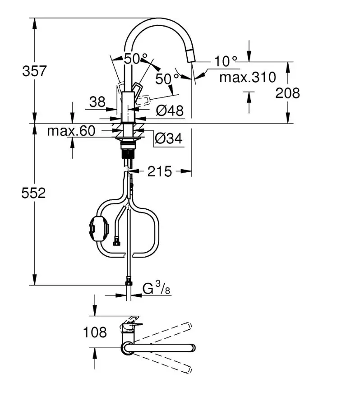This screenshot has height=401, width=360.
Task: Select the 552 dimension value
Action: [x=34, y=193]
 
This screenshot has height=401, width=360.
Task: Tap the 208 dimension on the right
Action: [x=288, y=93]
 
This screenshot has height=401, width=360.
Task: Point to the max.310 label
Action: [x=247, y=78]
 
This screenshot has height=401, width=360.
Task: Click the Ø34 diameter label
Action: [x=168, y=139]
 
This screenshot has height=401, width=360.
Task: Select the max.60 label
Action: [x=71, y=131]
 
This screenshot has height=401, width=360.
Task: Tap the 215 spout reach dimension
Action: [x=159, y=171]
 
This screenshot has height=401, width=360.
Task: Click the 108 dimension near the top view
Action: [x=95, y=333]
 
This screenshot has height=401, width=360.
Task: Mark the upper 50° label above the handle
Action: [x=136, y=59]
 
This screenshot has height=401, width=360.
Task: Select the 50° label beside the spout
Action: [x=167, y=78]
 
